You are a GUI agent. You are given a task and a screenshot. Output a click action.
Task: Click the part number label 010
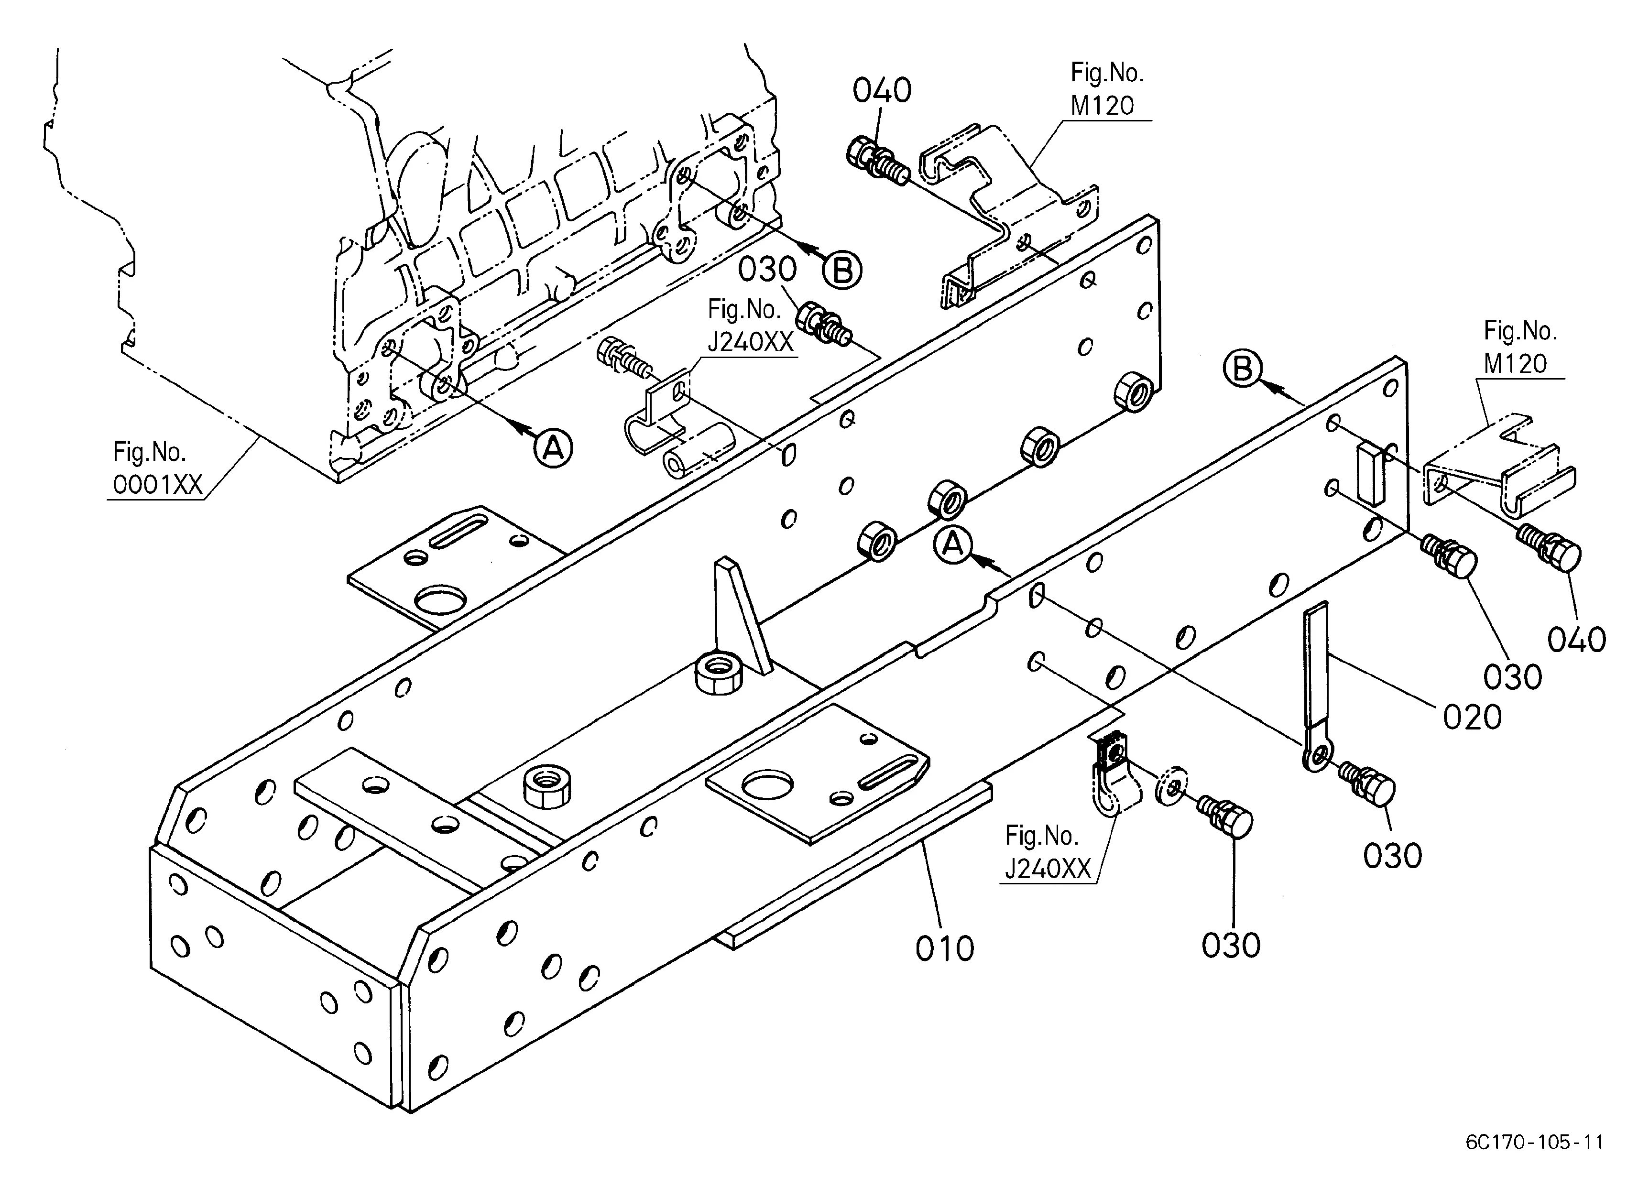point(944,948)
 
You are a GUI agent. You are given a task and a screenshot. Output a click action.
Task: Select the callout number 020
point(1472,718)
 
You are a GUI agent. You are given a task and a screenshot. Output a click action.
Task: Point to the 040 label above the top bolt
point(882,91)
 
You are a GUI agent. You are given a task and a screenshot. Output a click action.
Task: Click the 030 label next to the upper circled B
point(768,270)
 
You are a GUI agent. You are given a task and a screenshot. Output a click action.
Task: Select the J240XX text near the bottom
point(1048,869)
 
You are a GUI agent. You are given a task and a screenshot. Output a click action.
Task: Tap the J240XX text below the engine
point(750,342)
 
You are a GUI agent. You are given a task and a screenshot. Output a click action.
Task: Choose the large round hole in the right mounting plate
point(766,787)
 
